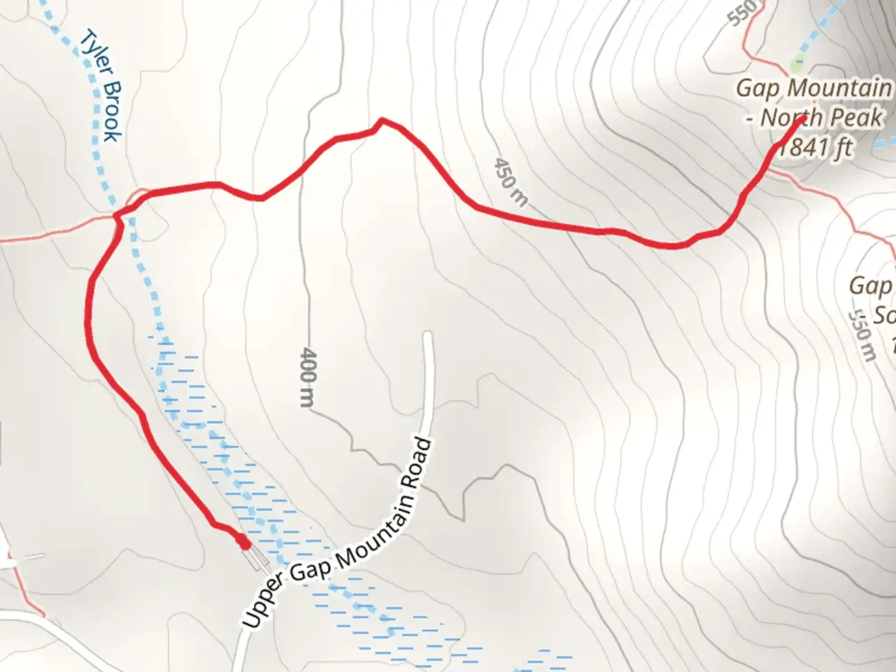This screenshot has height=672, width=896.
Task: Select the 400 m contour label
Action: click(x=308, y=377)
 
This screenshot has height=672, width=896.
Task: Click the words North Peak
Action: click(x=821, y=118)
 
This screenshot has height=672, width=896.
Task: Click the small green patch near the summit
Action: click(x=796, y=63)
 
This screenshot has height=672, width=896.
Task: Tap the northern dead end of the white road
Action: click(x=427, y=336)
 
